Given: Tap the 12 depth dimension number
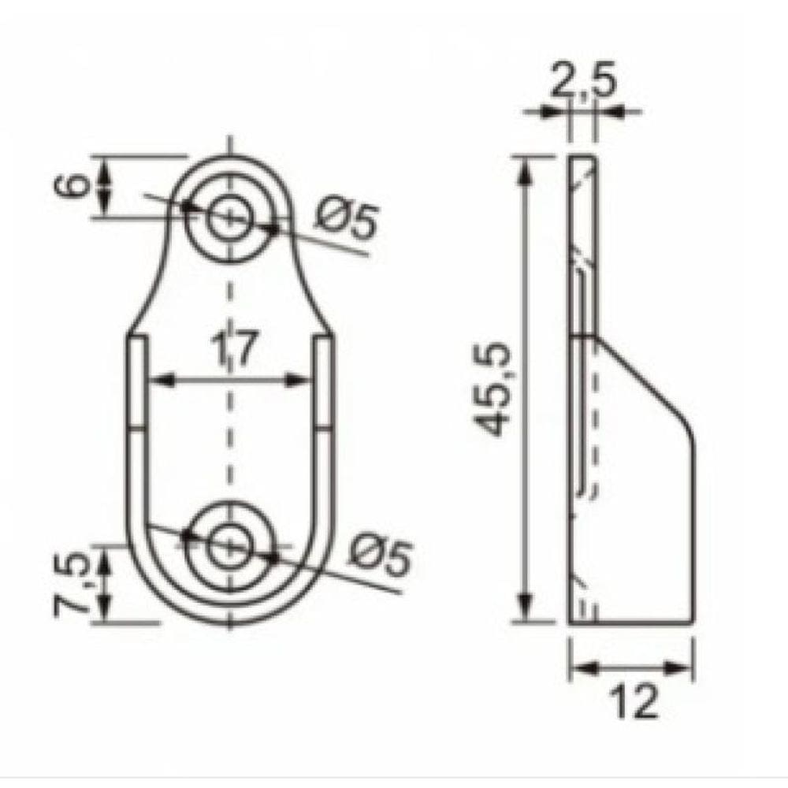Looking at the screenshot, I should (633, 701).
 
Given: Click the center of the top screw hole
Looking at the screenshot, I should (229, 217).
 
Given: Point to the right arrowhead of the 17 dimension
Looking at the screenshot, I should (301, 381).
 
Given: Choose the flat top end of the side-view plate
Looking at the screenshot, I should (582, 157).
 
